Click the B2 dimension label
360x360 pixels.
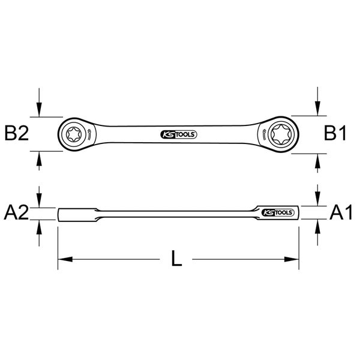tap(17, 133)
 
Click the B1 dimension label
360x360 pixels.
tap(335, 133)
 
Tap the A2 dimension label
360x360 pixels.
tap(16, 212)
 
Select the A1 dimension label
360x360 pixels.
tap(341, 212)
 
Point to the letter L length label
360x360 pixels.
tap(176, 259)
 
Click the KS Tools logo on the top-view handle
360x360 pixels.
tap(179, 134)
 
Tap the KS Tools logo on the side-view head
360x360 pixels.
tap(278, 212)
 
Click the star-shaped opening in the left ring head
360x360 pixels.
tap(74, 134)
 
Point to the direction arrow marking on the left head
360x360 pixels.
tap(89, 135)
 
